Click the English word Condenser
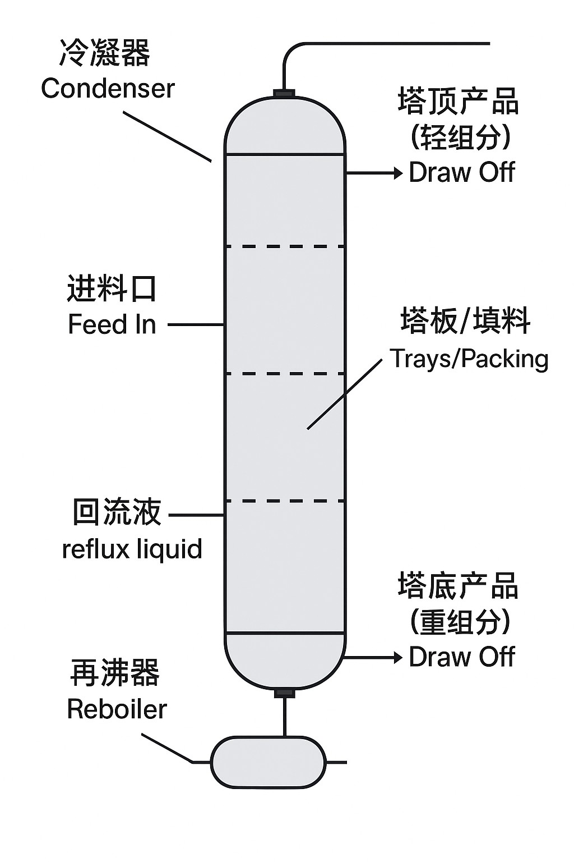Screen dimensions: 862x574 click(108, 89)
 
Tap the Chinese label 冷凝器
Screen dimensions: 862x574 click(105, 54)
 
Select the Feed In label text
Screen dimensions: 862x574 click(112, 324)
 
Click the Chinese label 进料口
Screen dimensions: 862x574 click(112, 290)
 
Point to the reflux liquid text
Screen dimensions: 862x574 click(132, 548)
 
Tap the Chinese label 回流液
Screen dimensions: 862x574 click(117, 512)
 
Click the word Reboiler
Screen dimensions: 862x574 click(117, 709)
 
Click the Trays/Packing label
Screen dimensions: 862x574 click(469, 359)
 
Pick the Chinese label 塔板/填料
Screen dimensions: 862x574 click(465, 322)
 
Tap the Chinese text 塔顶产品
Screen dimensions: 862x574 click(458, 102)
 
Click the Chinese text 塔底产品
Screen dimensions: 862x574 click(458, 586)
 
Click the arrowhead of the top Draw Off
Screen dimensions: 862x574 click(399, 173)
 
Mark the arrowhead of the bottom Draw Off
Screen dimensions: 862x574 click(399, 657)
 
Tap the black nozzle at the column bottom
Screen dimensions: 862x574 click(284, 694)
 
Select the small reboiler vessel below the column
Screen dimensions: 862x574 click(268, 762)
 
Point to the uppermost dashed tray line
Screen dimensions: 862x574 click(284, 246)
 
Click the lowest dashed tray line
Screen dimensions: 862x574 click(284, 501)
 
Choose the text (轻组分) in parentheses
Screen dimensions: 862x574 click(461, 137)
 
